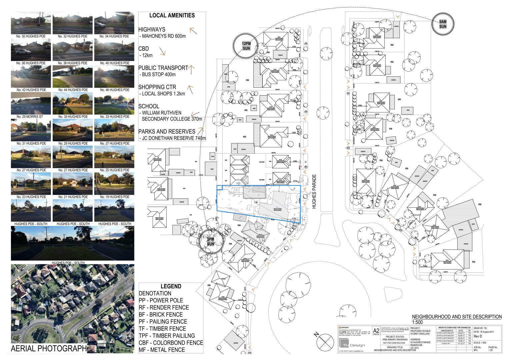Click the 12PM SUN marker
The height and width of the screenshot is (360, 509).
click(x=246, y=46)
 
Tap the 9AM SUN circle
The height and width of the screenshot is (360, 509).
click(x=443, y=24)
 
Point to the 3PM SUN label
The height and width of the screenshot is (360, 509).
click(x=210, y=242)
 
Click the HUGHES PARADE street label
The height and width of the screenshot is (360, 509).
click(x=314, y=192)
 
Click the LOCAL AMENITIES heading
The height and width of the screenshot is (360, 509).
click(x=172, y=15)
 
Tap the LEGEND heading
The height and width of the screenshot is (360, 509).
click(x=171, y=286)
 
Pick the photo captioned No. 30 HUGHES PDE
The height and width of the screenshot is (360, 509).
click(x=31, y=23)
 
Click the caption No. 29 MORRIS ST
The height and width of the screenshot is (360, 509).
click(x=31, y=117)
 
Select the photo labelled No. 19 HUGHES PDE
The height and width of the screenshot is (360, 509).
click(x=114, y=183)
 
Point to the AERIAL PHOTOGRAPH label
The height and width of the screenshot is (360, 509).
click(x=49, y=349)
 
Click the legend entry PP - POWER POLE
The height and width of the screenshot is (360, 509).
click(x=161, y=300)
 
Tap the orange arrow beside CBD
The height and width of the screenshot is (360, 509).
click(x=163, y=51)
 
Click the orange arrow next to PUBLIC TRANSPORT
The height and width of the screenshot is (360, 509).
click(x=191, y=69)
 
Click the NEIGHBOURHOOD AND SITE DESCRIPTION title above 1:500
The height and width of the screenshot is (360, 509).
click(x=457, y=317)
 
